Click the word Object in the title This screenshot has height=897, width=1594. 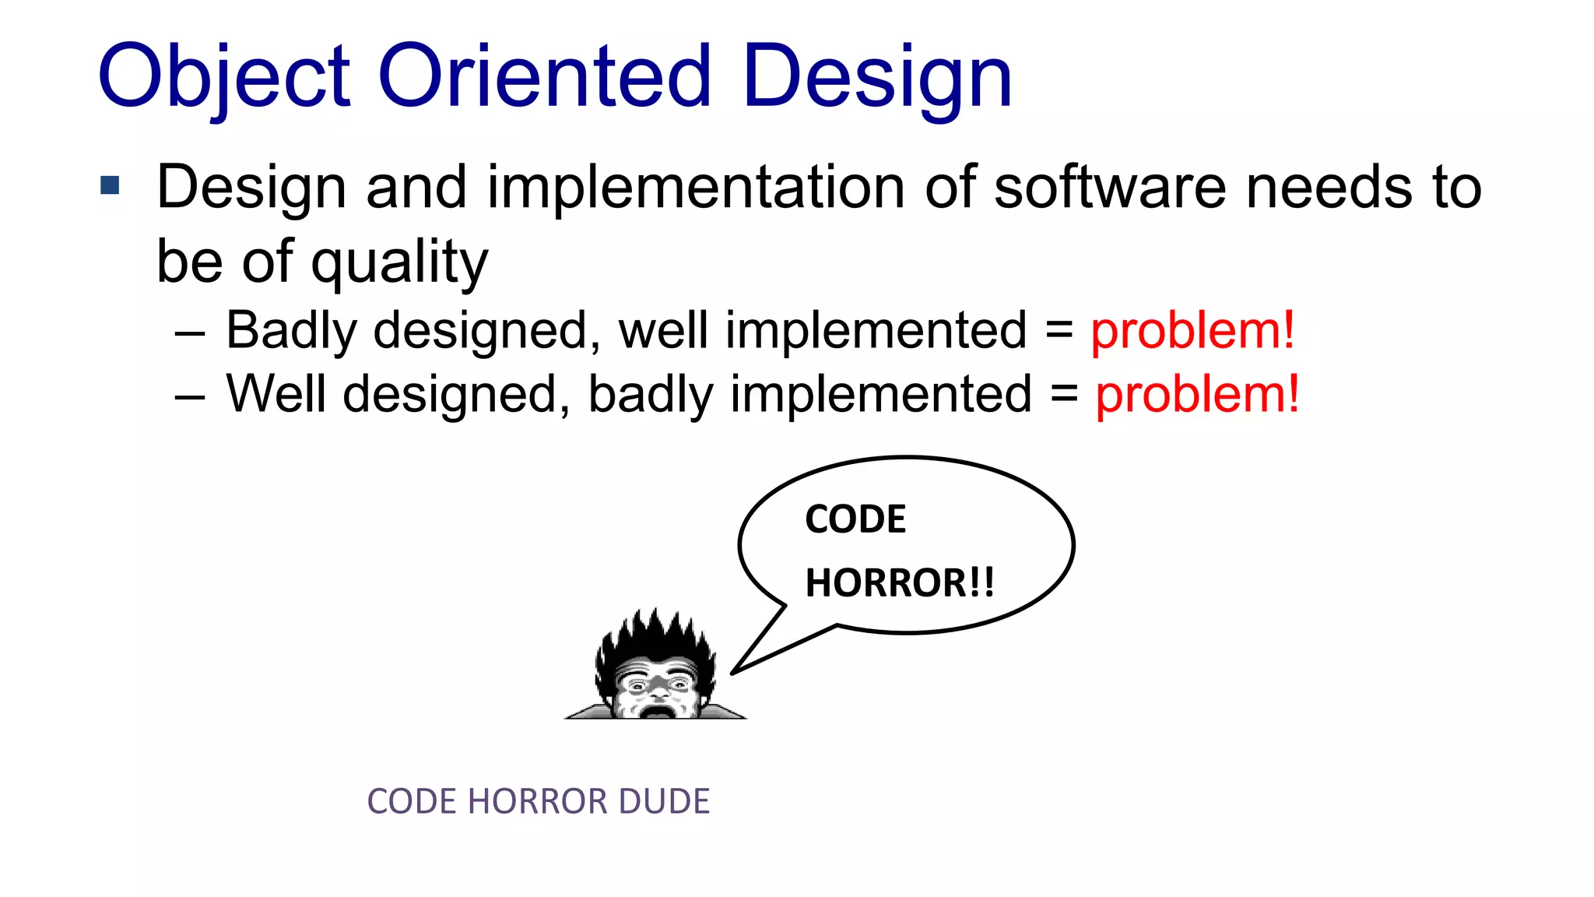tap(224, 78)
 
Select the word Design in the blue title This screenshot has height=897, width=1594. tap(877, 78)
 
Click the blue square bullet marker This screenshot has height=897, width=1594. tap(110, 185)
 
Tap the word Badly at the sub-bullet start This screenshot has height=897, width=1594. tap(291, 331)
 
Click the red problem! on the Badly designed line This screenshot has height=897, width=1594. tap(1192, 331)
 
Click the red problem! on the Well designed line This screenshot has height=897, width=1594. tap(1197, 395)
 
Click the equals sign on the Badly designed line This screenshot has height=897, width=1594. tap(1059, 332)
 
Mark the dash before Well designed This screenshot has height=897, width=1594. tap(190, 397)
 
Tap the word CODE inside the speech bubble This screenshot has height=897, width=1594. tap(855, 519)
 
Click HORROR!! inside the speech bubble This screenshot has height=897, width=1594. tap(900, 582)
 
